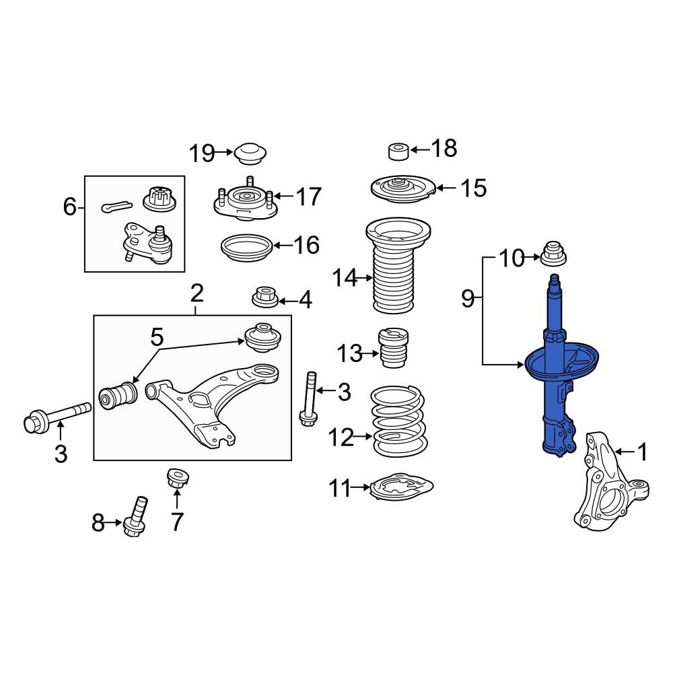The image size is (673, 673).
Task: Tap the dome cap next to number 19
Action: pyautogui.click(x=251, y=155)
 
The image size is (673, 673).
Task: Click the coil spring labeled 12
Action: pyautogui.click(x=399, y=421)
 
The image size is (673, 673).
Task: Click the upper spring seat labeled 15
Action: pyautogui.click(x=401, y=187)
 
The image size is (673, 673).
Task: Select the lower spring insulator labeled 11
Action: pyautogui.click(x=401, y=487)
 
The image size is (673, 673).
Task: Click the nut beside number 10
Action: pyautogui.click(x=553, y=255)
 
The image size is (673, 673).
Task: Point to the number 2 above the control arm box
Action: pyautogui.click(x=196, y=293)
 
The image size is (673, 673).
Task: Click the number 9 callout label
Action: pyautogui.click(x=468, y=298)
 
